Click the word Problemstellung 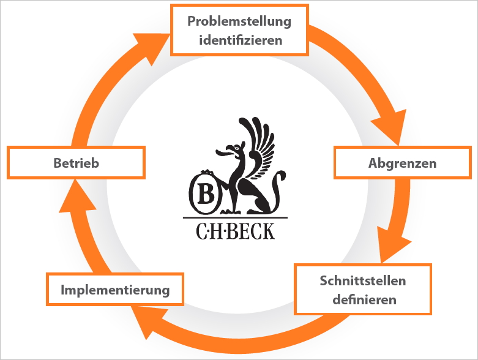(x=239, y=21)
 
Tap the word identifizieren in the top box (x=239, y=40)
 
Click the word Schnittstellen (x=363, y=281)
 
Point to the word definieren (x=364, y=300)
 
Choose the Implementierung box (x=115, y=290)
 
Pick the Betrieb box (x=76, y=163)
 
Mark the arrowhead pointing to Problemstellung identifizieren (x=152, y=45)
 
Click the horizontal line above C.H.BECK (x=235, y=218)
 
